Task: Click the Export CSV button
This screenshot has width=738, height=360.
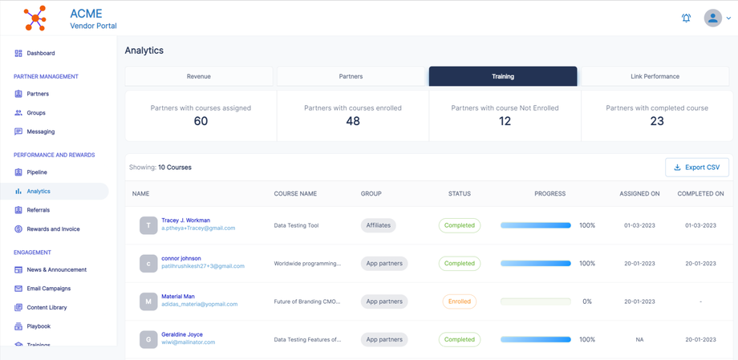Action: pyautogui.click(x=697, y=167)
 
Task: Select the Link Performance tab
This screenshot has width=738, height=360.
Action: pyautogui.click(x=655, y=76)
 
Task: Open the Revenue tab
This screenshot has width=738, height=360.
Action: pyautogui.click(x=199, y=76)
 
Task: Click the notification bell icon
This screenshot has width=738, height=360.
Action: pyautogui.click(x=686, y=18)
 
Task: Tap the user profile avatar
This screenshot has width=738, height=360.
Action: pyautogui.click(x=712, y=18)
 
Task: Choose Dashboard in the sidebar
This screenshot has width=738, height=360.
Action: pyautogui.click(x=40, y=53)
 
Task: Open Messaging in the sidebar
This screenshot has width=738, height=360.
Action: pyautogui.click(x=40, y=131)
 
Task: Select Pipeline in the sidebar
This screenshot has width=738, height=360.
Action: pyautogui.click(x=37, y=172)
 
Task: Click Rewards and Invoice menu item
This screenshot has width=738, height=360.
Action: pyautogui.click(x=53, y=229)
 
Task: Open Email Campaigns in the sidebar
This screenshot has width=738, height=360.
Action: pyautogui.click(x=48, y=289)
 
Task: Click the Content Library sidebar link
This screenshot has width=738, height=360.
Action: pyautogui.click(x=47, y=308)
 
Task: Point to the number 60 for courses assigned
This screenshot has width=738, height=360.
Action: pyautogui.click(x=201, y=121)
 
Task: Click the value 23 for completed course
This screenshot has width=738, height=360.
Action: pyautogui.click(x=657, y=121)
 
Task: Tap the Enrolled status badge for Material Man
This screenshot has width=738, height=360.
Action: pyautogui.click(x=459, y=301)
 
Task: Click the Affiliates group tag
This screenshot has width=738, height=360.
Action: pyautogui.click(x=379, y=225)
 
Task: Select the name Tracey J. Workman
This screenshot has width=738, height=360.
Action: pyautogui.click(x=186, y=220)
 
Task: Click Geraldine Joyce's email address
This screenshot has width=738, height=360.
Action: pyautogui.click(x=188, y=342)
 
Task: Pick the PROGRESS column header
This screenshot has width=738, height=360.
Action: pyautogui.click(x=549, y=193)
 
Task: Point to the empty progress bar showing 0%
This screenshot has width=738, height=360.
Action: pyautogui.click(x=535, y=301)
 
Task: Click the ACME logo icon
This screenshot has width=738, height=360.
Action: pyautogui.click(x=35, y=18)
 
